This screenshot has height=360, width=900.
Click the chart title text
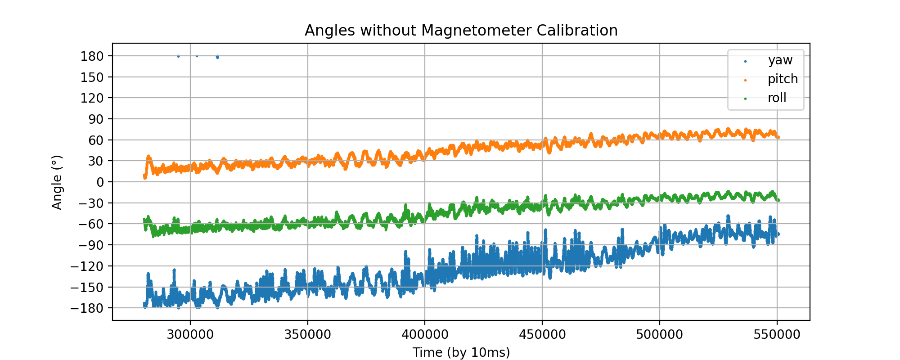(x=461, y=31)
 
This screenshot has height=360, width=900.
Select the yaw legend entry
(x=780, y=60)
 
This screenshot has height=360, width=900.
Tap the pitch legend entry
(x=783, y=79)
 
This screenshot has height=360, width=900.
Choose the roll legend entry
(x=777, y=98)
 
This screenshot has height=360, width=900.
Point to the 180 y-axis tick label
(x=92, y=56)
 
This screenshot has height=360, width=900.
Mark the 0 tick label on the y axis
(x=99, y=182)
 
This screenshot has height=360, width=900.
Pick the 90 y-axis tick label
(x=96, y=119)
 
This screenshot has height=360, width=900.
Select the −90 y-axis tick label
(x=90, y=245)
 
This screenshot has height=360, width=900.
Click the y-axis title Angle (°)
(x=57, y=182)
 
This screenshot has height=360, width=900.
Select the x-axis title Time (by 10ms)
(x=461, y=352)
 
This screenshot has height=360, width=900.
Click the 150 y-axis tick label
(x=92, y=77)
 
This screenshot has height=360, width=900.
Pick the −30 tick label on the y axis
(x=90, y=203)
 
